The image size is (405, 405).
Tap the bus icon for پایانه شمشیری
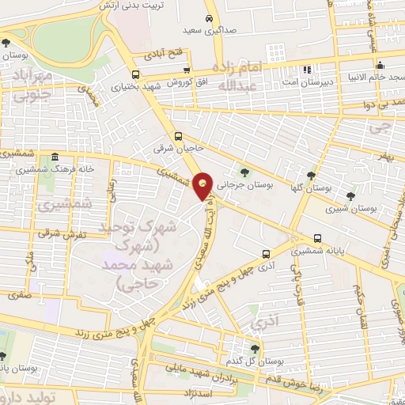point(317,237)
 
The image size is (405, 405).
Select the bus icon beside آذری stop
point(266,253)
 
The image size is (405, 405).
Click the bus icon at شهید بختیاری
point(135,77)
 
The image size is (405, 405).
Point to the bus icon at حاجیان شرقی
point(180,135)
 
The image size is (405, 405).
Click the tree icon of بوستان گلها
point(311,176)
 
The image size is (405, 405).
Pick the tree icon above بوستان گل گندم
point(254,348)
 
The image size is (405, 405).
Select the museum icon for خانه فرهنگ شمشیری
point(54,157)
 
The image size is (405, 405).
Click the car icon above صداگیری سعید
point(208,17)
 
